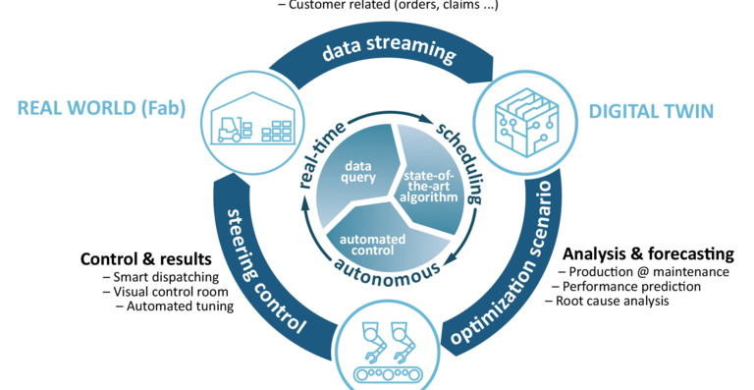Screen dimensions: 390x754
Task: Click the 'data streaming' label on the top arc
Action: coord(389,52)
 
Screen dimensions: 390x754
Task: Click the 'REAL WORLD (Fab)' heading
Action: coord(100,108)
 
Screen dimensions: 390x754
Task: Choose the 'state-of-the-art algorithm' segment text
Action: coord(430,186)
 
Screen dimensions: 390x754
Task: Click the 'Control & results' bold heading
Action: coord(145,259)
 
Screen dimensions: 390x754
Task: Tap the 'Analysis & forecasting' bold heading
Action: coord(647,252)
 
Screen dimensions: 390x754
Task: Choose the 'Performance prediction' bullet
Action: coord(624,286)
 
